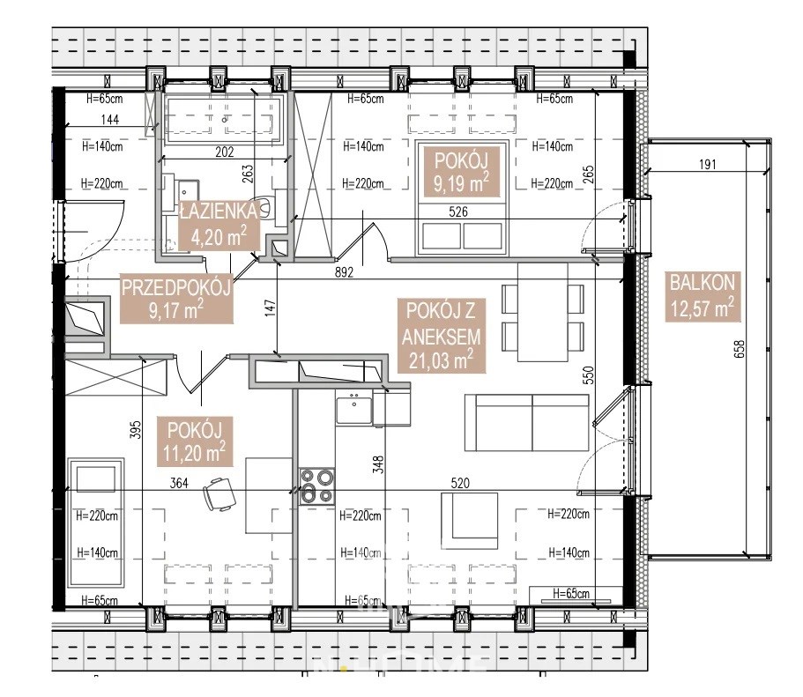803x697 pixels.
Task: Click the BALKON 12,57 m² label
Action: click(703, 296)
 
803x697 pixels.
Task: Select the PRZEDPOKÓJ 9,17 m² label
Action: click(176, 299)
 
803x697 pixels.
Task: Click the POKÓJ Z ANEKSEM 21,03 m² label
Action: click(442, 336)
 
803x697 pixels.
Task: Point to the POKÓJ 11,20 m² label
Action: click(194, 441)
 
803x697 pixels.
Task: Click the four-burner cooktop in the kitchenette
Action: click(317, 486)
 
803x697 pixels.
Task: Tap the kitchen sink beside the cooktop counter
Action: click(353, 406)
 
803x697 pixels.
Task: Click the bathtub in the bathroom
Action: click(223, 120)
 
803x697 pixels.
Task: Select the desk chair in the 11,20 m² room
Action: click(219, 494)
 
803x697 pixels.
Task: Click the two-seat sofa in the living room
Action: click(527, 422)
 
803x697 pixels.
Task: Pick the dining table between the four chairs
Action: click(543, 313)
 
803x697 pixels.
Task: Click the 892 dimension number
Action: click(344, 272)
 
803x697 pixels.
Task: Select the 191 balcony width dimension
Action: click(707, 165)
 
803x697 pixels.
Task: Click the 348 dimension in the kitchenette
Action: click(378, 464)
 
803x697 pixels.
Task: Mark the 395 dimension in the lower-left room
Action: click(135, 430)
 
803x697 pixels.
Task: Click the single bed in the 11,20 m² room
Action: click(96, 523)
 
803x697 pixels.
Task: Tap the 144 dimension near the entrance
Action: click(109, 119)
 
